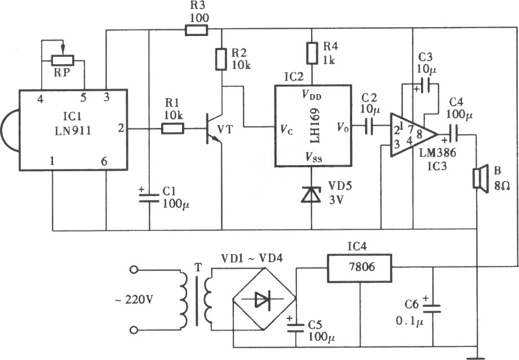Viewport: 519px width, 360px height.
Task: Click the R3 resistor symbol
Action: (196, 31)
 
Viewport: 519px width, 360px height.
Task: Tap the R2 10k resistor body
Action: (221, 59)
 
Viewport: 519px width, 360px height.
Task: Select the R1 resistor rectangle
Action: (172, 128)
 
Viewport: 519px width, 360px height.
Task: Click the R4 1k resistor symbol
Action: (312, 53)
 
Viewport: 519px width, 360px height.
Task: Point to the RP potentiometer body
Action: (63, 60)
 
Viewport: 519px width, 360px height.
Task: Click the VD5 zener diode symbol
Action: (312, 194)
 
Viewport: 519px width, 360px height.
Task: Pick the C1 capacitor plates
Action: (149, 198)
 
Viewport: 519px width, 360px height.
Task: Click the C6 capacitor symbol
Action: (432, 309)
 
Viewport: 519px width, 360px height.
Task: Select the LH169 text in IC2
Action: (315, 126)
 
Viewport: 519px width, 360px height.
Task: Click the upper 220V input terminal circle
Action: (134, 270)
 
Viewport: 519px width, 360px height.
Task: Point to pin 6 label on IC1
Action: (104, 162)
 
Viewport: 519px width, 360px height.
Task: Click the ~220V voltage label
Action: (134, 300)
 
